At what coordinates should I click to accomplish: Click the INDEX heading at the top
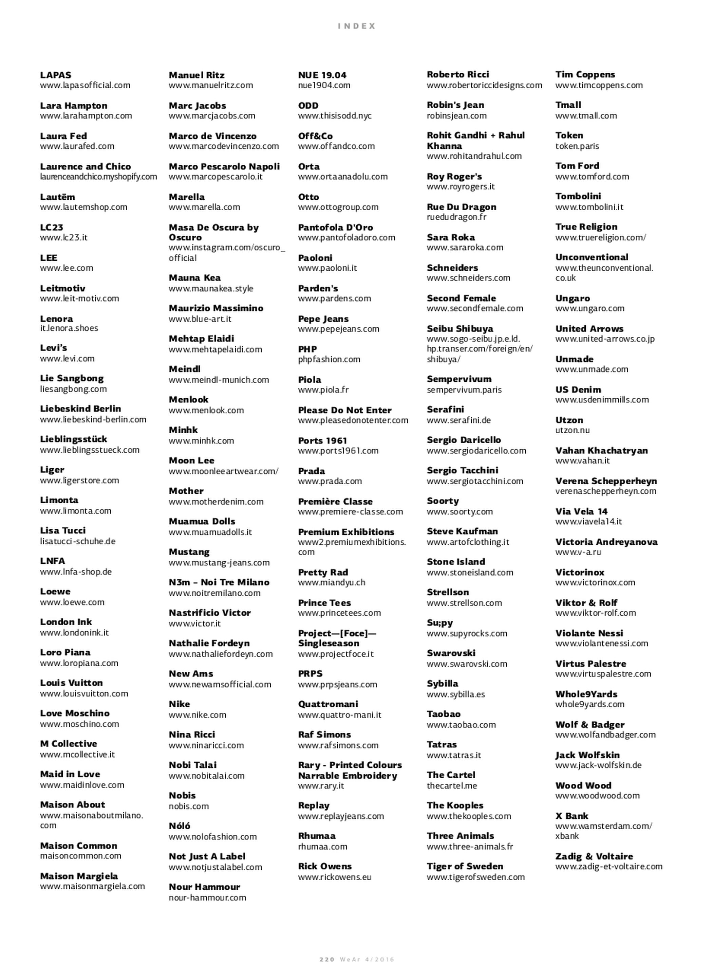[356, 26]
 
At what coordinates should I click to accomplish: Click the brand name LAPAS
[56, 75]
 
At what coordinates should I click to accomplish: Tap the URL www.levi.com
[67, 358]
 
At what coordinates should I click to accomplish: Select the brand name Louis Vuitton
[72, 683]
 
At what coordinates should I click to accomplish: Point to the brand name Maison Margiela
[79, 876]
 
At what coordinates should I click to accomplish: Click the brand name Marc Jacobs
[197, 106]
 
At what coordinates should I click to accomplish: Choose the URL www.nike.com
[197, 714]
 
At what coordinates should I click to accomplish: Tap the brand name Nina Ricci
[192, 735]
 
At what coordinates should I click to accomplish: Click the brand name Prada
[311, 471]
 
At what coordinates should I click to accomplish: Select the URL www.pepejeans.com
[338, 329]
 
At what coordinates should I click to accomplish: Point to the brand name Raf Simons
[324, 735]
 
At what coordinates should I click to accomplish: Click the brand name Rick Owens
[324, 866]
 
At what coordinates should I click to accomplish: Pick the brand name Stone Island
[456, 562]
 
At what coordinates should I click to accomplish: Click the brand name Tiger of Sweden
[465, 866]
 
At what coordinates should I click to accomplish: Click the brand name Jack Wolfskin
[587, 755]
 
